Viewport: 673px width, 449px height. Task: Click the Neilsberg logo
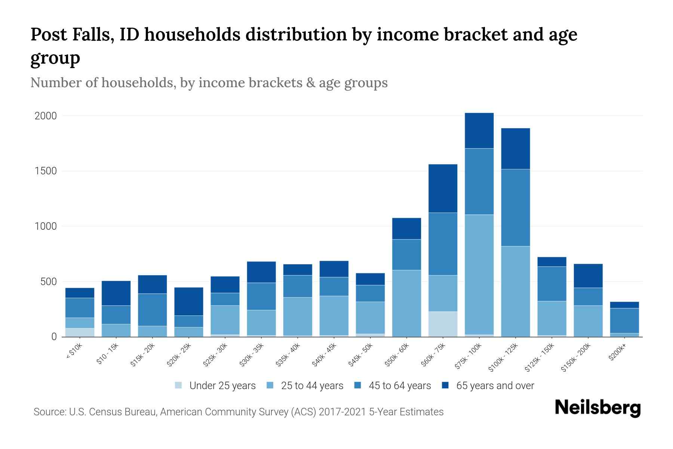click(597, 408)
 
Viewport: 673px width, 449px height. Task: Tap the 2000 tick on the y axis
click(46, 116)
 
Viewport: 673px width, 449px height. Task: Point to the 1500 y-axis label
click(46, 171)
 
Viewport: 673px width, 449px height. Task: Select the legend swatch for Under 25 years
click(179, 385)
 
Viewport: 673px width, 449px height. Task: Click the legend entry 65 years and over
click(495, 386)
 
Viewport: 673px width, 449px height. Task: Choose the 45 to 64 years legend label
click(399, 386)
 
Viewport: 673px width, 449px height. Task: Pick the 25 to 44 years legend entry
click(312, 386)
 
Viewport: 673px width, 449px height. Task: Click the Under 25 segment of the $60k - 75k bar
click(443, 324)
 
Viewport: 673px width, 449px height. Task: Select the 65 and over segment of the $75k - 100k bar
click(479, 131)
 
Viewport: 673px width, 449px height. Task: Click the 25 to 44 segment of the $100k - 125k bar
click(515, 291)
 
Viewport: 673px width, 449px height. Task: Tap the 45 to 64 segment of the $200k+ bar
click(624, 321)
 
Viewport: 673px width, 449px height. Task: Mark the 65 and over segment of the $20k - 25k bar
click(189, 302)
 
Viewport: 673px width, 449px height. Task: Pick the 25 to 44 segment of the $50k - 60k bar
click(406, 303)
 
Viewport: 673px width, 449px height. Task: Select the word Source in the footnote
click(49, 412)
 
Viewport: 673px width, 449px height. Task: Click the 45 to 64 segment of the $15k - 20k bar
click(153, 310)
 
